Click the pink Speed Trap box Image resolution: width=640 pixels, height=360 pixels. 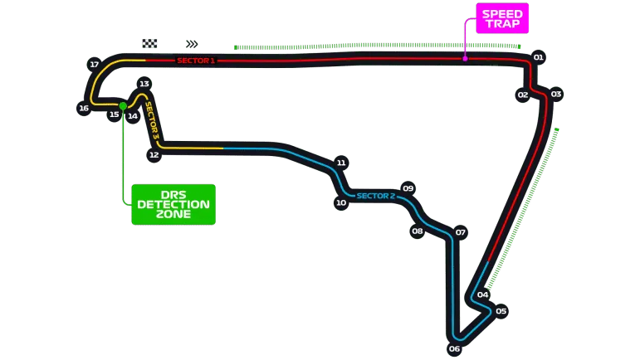[x=502, y=18]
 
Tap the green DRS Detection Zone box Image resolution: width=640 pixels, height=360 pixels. [x=173, y=204]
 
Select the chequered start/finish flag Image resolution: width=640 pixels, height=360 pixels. [x=149, y=45]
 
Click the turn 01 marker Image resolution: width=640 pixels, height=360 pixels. [x=538, y=57]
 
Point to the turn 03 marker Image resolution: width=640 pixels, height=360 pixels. [x=556, y=94]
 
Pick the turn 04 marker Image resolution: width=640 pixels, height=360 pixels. [x=482, y=294]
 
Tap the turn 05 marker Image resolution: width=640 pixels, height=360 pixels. [x=501, y=312]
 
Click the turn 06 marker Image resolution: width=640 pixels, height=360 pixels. [x=454, y=348]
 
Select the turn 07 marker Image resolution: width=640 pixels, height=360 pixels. [x=460, y=232]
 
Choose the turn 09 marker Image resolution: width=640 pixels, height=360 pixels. [x=408, y=188]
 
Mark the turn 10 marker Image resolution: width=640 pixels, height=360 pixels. [x=340, y=202]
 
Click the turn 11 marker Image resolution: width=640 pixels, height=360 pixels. [x=340, y=163]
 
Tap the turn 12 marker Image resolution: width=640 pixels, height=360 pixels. [x=154, y=154]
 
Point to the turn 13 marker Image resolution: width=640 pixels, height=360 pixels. [x=144, y=84]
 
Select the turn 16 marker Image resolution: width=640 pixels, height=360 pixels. [x=83, y=108]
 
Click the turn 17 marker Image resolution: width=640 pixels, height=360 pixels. [x=94, y=64]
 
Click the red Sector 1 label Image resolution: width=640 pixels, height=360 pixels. [x=195, y=61]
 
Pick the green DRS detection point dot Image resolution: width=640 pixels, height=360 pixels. [x=123, y=105]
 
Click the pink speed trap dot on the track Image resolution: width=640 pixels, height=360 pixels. [x=465, y=58]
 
